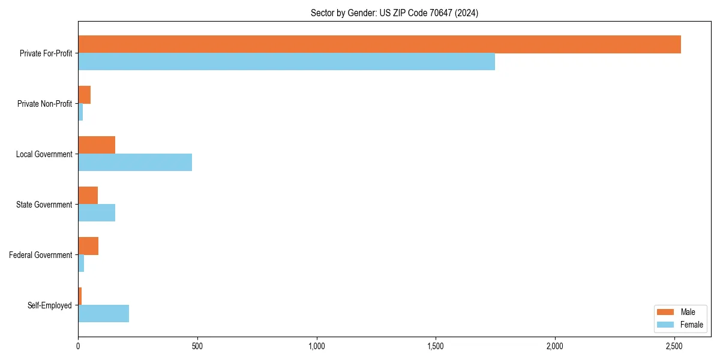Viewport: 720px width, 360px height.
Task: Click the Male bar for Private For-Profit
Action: click(379, 44)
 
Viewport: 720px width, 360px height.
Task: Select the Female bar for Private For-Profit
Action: click(286, 62)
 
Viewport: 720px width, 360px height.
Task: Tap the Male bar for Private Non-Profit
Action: click(84, 95)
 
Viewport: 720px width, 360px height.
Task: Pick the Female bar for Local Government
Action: click(135, 162)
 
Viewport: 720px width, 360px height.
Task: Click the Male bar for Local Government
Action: click(97, 145)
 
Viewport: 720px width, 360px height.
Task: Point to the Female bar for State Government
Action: click(97, 212)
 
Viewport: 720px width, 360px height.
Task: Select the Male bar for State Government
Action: click(88, 196)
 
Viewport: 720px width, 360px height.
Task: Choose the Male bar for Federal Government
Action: click(88, 246)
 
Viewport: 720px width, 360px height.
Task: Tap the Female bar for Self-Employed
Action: click(103, 313)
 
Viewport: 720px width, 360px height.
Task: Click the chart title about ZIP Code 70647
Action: click(394, 13)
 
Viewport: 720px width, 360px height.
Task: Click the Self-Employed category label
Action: click(50, 305)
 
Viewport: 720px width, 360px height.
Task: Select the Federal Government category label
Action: click(41, 255)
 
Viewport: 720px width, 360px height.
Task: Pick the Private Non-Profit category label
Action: click(44, 104)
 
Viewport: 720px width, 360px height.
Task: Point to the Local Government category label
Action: click(44, 154)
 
